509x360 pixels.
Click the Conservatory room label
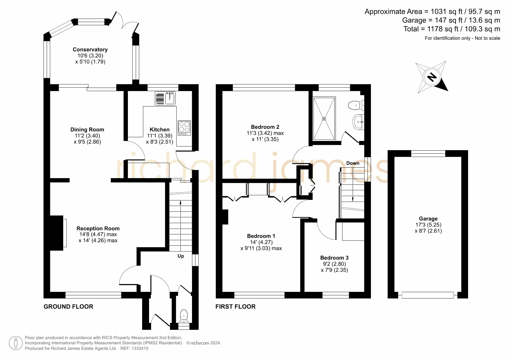(90, 50)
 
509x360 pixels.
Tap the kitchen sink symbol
(165, 98)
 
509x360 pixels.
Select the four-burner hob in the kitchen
(184, 128)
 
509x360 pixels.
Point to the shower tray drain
(324, 119)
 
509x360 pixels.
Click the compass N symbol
(432, 77)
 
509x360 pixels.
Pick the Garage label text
(428, 219)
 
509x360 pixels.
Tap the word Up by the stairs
(181, 256)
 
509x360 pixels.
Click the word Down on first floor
(353, 163)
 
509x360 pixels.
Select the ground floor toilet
(184, 316)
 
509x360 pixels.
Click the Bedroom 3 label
(334, 258)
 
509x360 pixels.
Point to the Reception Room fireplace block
(57, 233)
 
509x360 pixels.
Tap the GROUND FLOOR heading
(68, 307)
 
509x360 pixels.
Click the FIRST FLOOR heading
(236, 307)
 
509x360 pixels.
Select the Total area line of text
(452, 29)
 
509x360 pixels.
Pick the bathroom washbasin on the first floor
(358, 122)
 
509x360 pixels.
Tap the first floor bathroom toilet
(356, 105)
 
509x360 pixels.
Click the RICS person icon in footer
(16, 343)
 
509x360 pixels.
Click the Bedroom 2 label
(265, 127)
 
